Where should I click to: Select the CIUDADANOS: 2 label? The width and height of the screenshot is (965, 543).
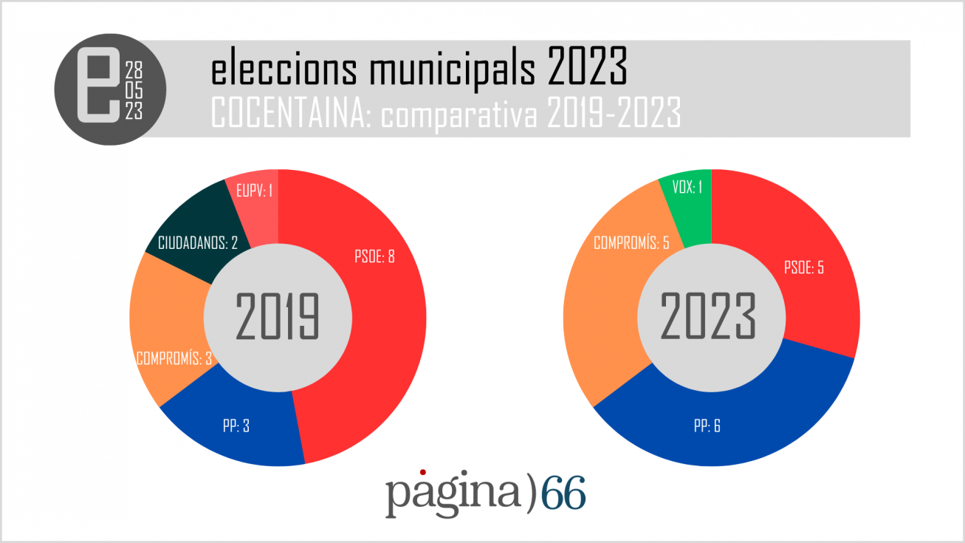(x=198, y=242)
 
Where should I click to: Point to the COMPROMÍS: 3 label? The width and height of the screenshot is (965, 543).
(x=174, y=358)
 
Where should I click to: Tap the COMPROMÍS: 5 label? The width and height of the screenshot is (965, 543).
(x=631, y=242)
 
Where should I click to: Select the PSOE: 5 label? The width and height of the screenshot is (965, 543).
(x=803, y=267)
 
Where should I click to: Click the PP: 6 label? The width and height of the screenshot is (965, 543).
(x=707, y=426)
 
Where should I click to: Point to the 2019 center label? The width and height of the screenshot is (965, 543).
(x=278, y=318)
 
